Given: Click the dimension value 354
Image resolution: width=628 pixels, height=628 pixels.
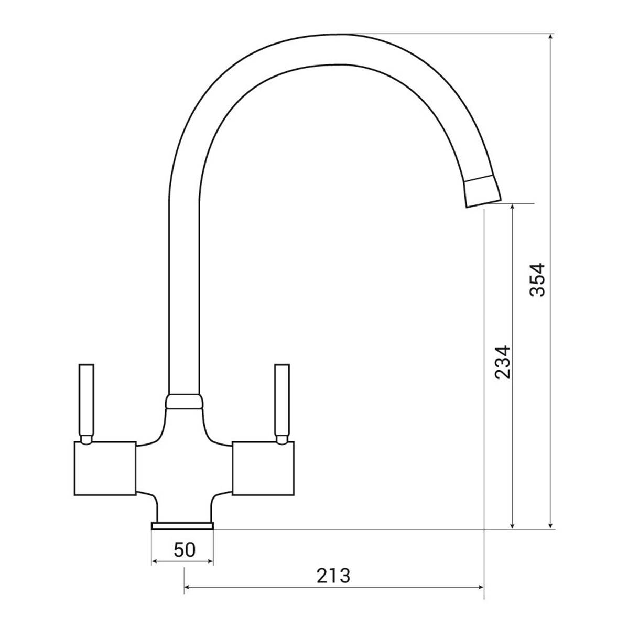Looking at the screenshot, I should click(x=537, y=279).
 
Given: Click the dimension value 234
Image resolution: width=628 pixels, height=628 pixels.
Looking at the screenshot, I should click(x=503, y=362).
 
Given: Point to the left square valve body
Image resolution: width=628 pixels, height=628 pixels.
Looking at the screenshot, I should click(x=105, y=468).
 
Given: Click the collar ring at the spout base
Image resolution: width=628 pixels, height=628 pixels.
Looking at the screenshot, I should click(x=183, y=400).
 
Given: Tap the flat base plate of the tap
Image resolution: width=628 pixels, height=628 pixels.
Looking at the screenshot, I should click(x=182, y=525).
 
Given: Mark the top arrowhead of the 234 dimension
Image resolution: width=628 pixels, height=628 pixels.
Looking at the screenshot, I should click(x=512, y=207).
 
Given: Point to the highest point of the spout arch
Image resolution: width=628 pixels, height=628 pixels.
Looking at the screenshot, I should click(x=335, y=36).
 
